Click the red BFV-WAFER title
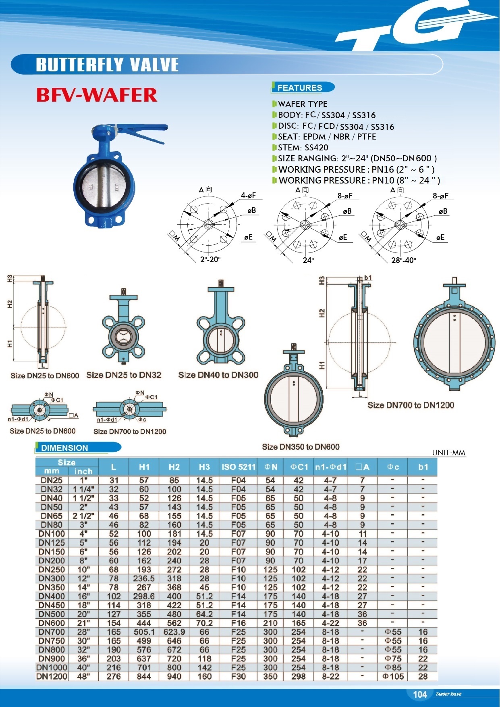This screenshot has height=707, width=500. pos(97,95)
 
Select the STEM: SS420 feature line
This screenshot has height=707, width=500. pos(303,148)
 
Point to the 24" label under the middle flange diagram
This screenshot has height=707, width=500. pos(308,260)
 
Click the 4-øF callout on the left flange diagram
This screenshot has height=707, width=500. pos(248,196)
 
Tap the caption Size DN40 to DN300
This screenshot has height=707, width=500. pos(218,375)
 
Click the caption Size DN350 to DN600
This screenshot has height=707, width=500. pos(301,447)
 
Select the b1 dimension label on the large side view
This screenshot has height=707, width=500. pos(367,278)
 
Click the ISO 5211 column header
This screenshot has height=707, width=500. pos(239,467)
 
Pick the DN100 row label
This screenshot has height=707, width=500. pos(52,534)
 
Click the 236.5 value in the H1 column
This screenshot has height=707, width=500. pos(144,578)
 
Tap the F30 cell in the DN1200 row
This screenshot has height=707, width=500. pos(239,676)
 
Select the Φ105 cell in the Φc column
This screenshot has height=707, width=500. pos(393,676)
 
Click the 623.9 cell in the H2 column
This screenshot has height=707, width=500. pos(174,632)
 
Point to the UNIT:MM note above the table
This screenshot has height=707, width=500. pos(448,453)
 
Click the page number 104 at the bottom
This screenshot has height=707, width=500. pos(419,694)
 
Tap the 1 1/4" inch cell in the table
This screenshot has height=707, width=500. pos(83,489)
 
